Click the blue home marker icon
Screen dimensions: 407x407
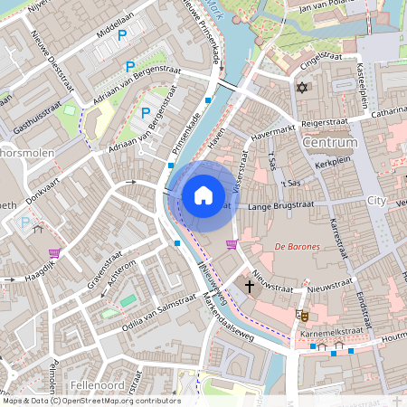click(203, 195)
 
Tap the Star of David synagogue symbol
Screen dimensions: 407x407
click(302, 89)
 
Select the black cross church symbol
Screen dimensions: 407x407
click(250, 286)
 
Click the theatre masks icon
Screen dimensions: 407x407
click(302, 315)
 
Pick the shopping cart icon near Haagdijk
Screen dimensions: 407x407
click(55, 253)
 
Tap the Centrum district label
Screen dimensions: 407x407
click(331, 143)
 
